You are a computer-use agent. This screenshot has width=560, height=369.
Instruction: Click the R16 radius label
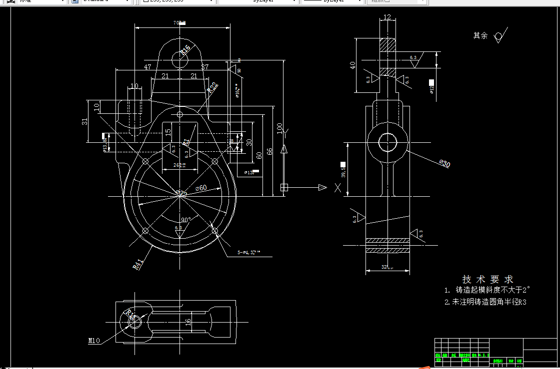pos(185,49)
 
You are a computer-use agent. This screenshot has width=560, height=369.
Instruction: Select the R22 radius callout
pos(213,88)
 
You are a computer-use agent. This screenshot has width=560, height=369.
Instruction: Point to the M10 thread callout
pos(94,341)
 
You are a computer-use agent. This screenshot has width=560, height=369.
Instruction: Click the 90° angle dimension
pos(186,220)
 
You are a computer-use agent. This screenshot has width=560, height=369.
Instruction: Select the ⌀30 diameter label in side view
pos(444,163)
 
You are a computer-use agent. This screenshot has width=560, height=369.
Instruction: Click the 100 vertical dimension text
pos(279,128)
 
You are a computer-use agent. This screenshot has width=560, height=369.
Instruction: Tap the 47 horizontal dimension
pos(147,66)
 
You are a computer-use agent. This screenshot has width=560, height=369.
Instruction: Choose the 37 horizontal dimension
pos(205,66)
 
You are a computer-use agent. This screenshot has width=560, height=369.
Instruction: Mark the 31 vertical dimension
pos(85,121)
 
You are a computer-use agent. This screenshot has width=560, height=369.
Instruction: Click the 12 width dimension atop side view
pos(387,17)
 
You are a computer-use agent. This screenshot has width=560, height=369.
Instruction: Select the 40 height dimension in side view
pos(352,65)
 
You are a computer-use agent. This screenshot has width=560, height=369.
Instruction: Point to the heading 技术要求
pos(487,279)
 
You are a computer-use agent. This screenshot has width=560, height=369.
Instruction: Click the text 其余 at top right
pos(480,36)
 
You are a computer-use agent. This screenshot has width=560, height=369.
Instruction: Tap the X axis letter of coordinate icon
pos(338,188)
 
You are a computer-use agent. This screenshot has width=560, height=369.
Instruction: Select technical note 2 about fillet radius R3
pos(485,302)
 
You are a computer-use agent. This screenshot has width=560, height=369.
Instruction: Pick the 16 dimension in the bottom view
pos(188,322)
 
